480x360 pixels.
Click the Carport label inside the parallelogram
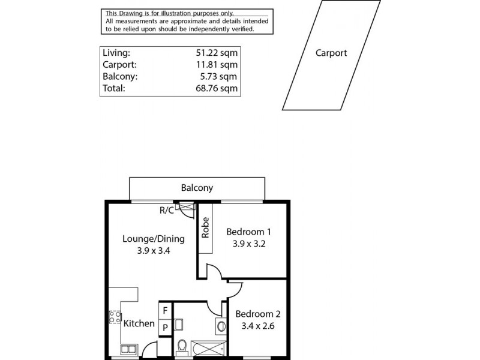(331, 53)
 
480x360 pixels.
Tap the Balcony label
(197, 188)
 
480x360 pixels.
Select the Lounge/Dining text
(153, 238)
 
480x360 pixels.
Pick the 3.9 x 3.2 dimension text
(249, 244)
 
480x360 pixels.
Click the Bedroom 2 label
(257, 314)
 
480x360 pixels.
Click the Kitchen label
(139, 323)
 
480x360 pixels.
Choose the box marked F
(164, 311)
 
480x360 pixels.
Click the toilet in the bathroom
(182, 346)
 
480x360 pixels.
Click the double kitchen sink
(128, 349)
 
